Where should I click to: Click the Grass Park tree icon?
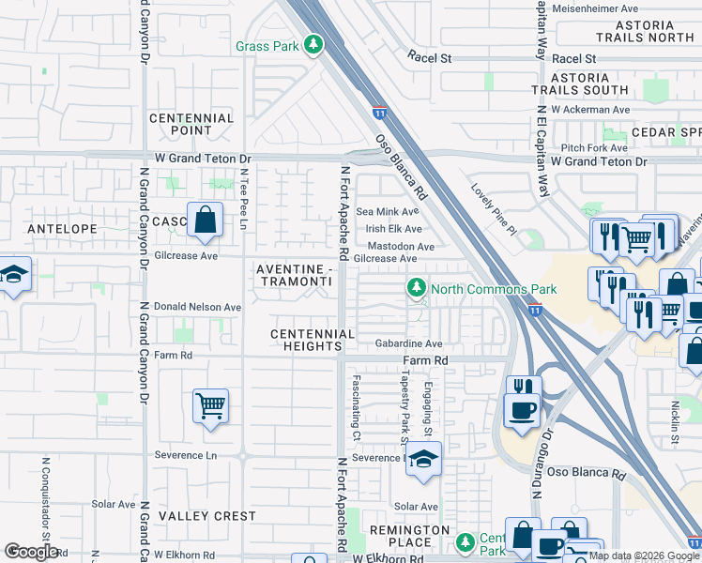313,44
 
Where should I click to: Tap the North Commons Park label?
494,289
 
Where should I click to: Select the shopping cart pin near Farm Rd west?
210,407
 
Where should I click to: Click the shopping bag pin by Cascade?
206,221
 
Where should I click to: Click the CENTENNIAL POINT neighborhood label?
191,124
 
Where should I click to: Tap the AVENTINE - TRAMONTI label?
295,275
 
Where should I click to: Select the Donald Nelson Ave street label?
198,307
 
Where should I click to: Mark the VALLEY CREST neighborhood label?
206,516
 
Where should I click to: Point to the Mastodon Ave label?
400,247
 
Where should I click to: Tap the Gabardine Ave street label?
408,344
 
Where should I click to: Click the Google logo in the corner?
31,552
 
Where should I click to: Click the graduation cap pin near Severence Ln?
423,459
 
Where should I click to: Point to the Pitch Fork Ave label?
594,148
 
